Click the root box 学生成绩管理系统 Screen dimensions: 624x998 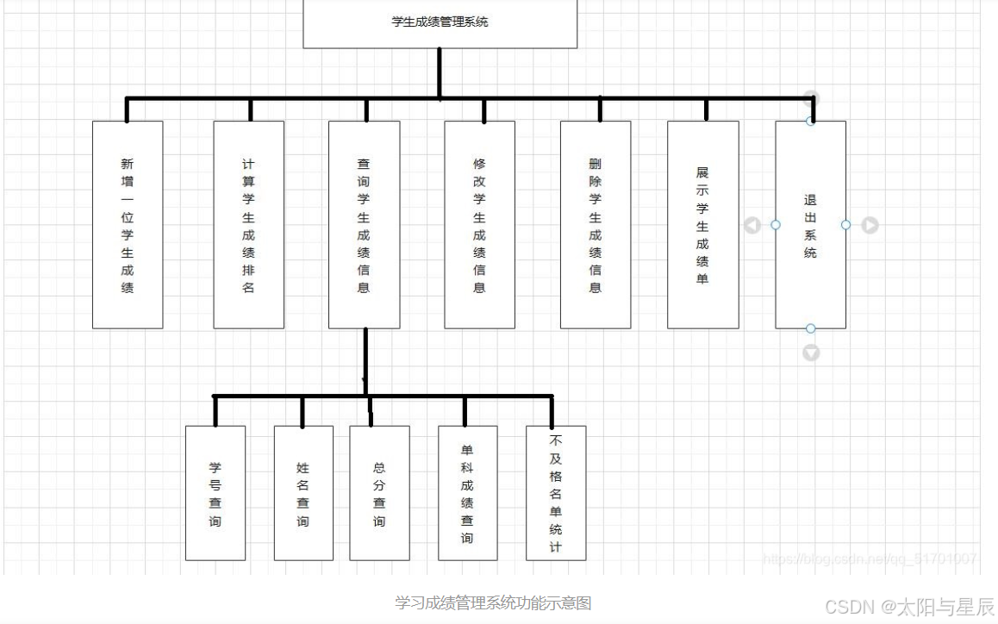coord(440,22)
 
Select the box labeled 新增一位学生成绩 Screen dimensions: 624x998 coord(128,224)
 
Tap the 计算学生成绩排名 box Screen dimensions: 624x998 coord(249,224)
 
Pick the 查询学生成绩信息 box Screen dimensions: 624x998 coord(364,224)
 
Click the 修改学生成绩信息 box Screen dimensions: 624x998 coord(479,224)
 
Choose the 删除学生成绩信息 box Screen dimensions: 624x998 coord(596,224)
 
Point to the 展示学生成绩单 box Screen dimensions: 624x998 coord(702,224)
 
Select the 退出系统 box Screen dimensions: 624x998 coord(810,225)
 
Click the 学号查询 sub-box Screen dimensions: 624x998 coord(215,493)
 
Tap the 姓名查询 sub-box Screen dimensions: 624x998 coord(303,493)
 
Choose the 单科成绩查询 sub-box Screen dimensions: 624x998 coord(467,493)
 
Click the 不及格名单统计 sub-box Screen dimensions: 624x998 coord(556,493)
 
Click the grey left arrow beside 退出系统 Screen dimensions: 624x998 coord(752,225)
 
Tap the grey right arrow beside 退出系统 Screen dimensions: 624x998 coord(870,225)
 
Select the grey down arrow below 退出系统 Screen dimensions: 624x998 coord(811,353)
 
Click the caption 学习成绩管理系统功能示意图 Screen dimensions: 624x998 coord(493,602)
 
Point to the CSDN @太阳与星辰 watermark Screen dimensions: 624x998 coord(909,607)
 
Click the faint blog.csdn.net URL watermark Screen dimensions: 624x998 coord(870,558)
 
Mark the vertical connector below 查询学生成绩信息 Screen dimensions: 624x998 coord(365,362)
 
